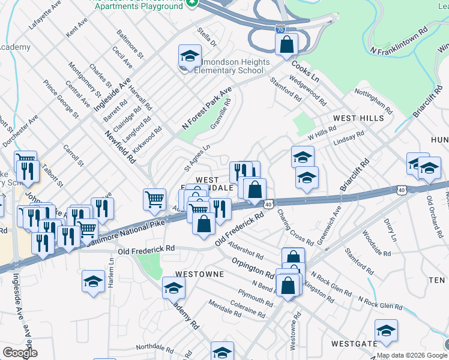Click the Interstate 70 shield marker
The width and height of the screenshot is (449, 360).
point(280,28)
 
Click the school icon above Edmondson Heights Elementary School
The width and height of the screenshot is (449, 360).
point(190,58)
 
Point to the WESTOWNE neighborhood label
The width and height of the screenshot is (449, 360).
point(199,274)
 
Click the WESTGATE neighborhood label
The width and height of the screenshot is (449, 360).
point(353,344)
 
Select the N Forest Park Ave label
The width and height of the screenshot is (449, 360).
point(206,109)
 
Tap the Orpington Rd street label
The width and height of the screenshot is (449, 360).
point(253,269)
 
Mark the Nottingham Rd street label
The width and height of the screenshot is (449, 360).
point(373,102)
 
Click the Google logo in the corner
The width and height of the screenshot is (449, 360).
point(20,352)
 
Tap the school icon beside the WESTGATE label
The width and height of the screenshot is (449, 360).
point(386,331)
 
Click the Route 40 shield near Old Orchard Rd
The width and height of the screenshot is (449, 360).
point(400,190)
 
